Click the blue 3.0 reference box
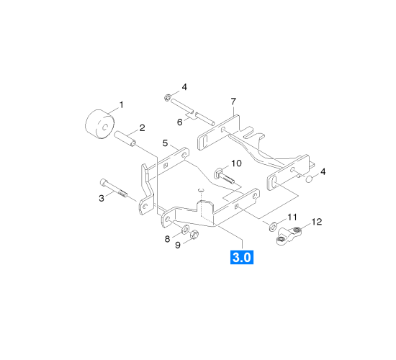(242, 257)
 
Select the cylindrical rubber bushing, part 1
(99, 125)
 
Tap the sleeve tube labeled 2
(125, 139)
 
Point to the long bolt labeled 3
(114, 188)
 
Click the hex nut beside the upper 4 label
(168, 97)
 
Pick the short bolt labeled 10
(224, 176)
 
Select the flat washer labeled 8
(186, 229)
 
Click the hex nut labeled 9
(194, 235)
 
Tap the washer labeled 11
(273, 226)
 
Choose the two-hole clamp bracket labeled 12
(289, 235)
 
